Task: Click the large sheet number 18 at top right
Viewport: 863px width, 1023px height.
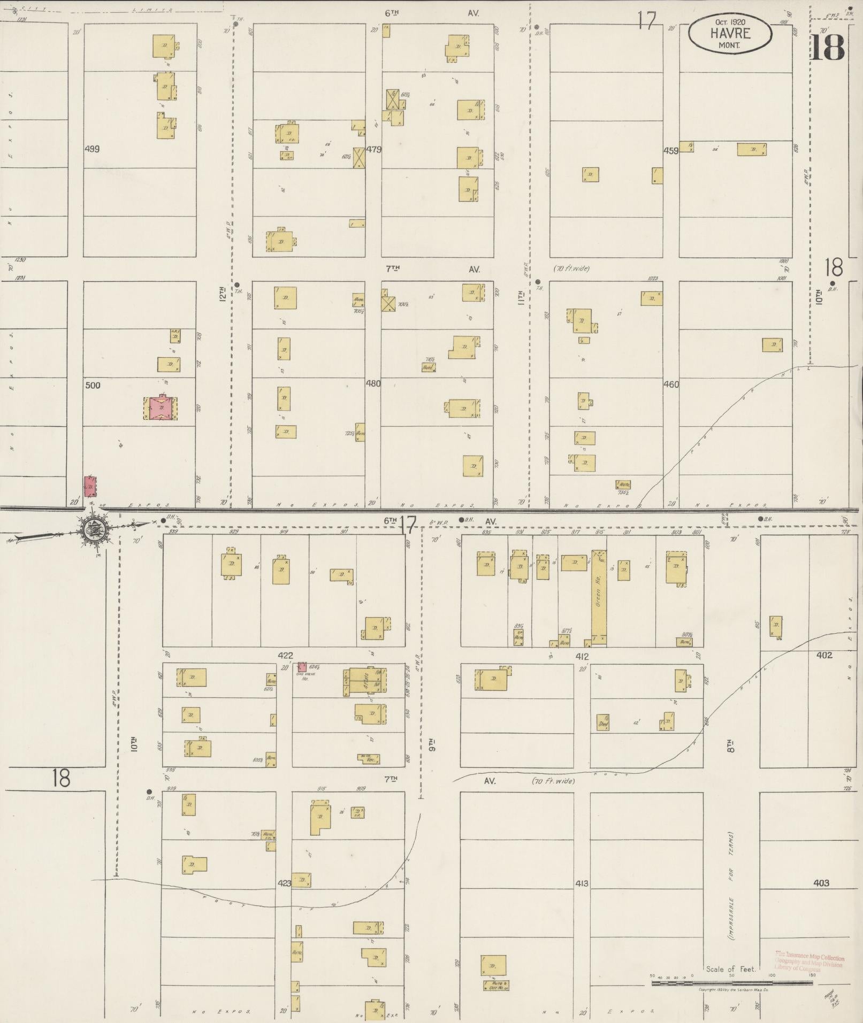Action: (x=828, y=48)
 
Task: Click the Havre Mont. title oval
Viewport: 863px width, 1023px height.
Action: (x=730, y=34)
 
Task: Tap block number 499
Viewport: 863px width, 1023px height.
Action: (x=93, y=149)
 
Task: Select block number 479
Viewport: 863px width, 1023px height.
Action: (x=373, y=150)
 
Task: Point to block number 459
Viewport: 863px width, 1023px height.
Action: (x=670, y=151)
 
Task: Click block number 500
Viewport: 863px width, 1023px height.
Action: (x=93, y=385)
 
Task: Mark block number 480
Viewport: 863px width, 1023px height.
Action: (x=373, y=383)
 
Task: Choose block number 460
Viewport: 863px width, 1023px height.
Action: (x=670, y=384)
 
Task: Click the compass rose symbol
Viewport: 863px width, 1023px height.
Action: (x=94, y=530)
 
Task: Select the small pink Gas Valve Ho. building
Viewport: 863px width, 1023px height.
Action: (x=302, y=667)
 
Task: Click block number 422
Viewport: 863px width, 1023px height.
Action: (x=285, y=655)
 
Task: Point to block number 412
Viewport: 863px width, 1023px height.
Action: (x=582, y=657)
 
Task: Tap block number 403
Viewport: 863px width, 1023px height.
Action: (x=821, y=883)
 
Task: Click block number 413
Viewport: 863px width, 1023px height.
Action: (x=582, y=883)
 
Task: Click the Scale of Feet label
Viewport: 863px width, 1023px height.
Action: (x=731, y=969)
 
